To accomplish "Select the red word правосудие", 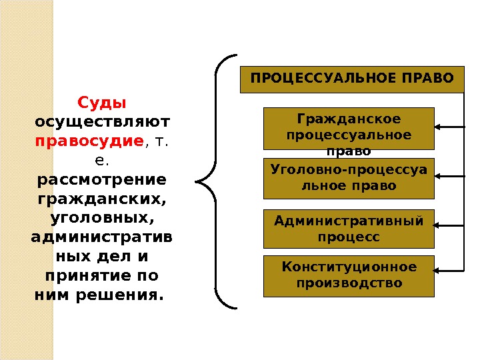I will (x=89, y=141).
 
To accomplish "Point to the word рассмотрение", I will (x=101, y=180).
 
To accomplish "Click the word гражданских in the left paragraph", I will (x=101, y=199).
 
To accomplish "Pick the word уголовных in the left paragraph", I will (x=101, y=219).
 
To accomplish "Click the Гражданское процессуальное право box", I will (x=349, y=128).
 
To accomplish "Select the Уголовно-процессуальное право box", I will (x=349, y=178).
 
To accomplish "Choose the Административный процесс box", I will (x=349, y=229).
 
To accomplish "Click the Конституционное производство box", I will (x=349, y=275).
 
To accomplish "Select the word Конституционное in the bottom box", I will (x=349, y=267).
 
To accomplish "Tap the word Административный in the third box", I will (x=349, y=221).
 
